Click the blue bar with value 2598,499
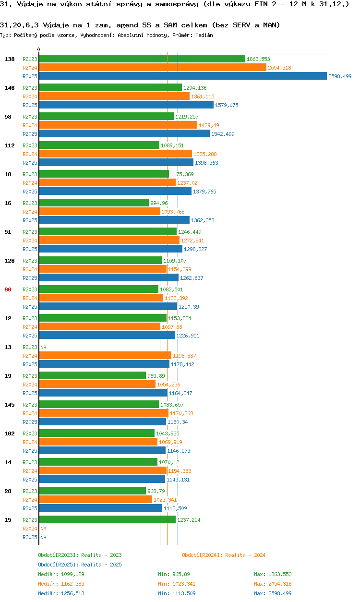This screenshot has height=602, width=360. pos(182,76)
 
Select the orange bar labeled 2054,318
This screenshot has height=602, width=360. pos(152,68)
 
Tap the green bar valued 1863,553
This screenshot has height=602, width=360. pos(142,59)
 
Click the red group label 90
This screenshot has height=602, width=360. pos(8,289)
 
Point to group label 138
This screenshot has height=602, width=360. pos(9,59)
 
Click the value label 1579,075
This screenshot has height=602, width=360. pos(227,105)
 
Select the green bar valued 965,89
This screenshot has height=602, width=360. pos(92,376)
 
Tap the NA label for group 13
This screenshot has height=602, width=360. pos(43,347)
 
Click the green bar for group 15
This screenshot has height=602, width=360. pos(107,520)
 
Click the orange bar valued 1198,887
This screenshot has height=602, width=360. pos(105,356)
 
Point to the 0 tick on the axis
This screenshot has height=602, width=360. pos(39,49)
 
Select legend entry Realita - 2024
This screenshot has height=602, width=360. pos(224,555)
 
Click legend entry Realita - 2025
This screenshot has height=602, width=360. pos(80,565)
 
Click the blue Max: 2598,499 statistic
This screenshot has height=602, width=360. pos(273,593)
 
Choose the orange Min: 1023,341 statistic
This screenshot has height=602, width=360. pos(177,584)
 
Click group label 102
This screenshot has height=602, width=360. pos(9,433)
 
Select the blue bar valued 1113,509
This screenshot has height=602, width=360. pos(100,508)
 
